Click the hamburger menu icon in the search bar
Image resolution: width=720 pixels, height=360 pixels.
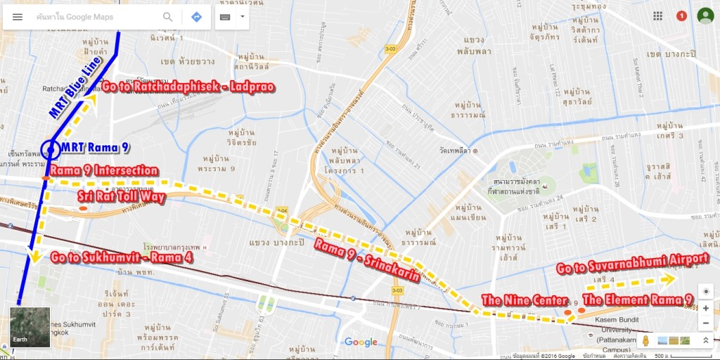click(18, 17)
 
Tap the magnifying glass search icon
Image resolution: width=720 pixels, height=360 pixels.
click(168, 17)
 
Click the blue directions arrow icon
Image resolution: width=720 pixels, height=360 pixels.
click(196, 17)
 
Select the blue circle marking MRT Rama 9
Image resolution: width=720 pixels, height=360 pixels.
click(50, 149)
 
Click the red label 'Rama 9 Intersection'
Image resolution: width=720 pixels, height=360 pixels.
click(104, 171)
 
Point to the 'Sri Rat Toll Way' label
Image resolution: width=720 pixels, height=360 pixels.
click(121, 197)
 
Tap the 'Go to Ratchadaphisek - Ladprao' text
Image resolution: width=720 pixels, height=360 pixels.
click(187, 86)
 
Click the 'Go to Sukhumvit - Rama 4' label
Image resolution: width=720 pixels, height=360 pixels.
click(122, 258)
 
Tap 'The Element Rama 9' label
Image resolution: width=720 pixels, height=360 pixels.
click(637, 300)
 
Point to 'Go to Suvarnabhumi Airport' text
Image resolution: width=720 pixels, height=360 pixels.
click(632, 259)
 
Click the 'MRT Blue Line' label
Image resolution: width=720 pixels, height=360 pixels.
click(76, 87)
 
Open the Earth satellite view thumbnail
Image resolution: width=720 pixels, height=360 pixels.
click(30, 327)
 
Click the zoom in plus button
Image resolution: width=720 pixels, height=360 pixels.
click(705, 308)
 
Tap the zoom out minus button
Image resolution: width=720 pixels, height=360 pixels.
click(705, 323)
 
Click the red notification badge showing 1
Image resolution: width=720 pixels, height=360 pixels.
click(681, 16)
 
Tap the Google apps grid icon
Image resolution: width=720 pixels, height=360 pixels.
click(657, 16)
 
